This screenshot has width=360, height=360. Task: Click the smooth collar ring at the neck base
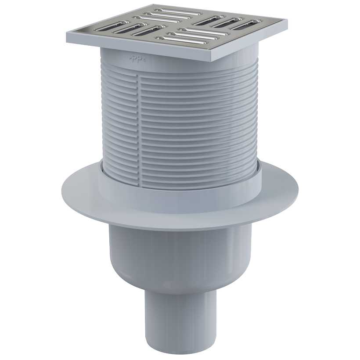(x=180, y=182)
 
